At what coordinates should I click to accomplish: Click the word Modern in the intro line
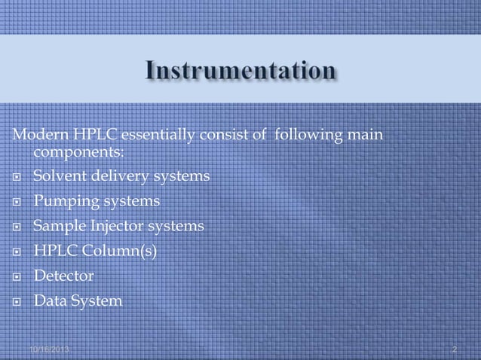(37, 135)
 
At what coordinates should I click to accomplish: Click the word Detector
(64, 276)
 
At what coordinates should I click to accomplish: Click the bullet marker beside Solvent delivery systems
(17, 178)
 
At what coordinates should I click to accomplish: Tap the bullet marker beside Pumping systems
(17, 203)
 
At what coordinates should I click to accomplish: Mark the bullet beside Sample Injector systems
(17, 227)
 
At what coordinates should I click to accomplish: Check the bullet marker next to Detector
(17, 277)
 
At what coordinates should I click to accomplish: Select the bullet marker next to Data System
(17, 302)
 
